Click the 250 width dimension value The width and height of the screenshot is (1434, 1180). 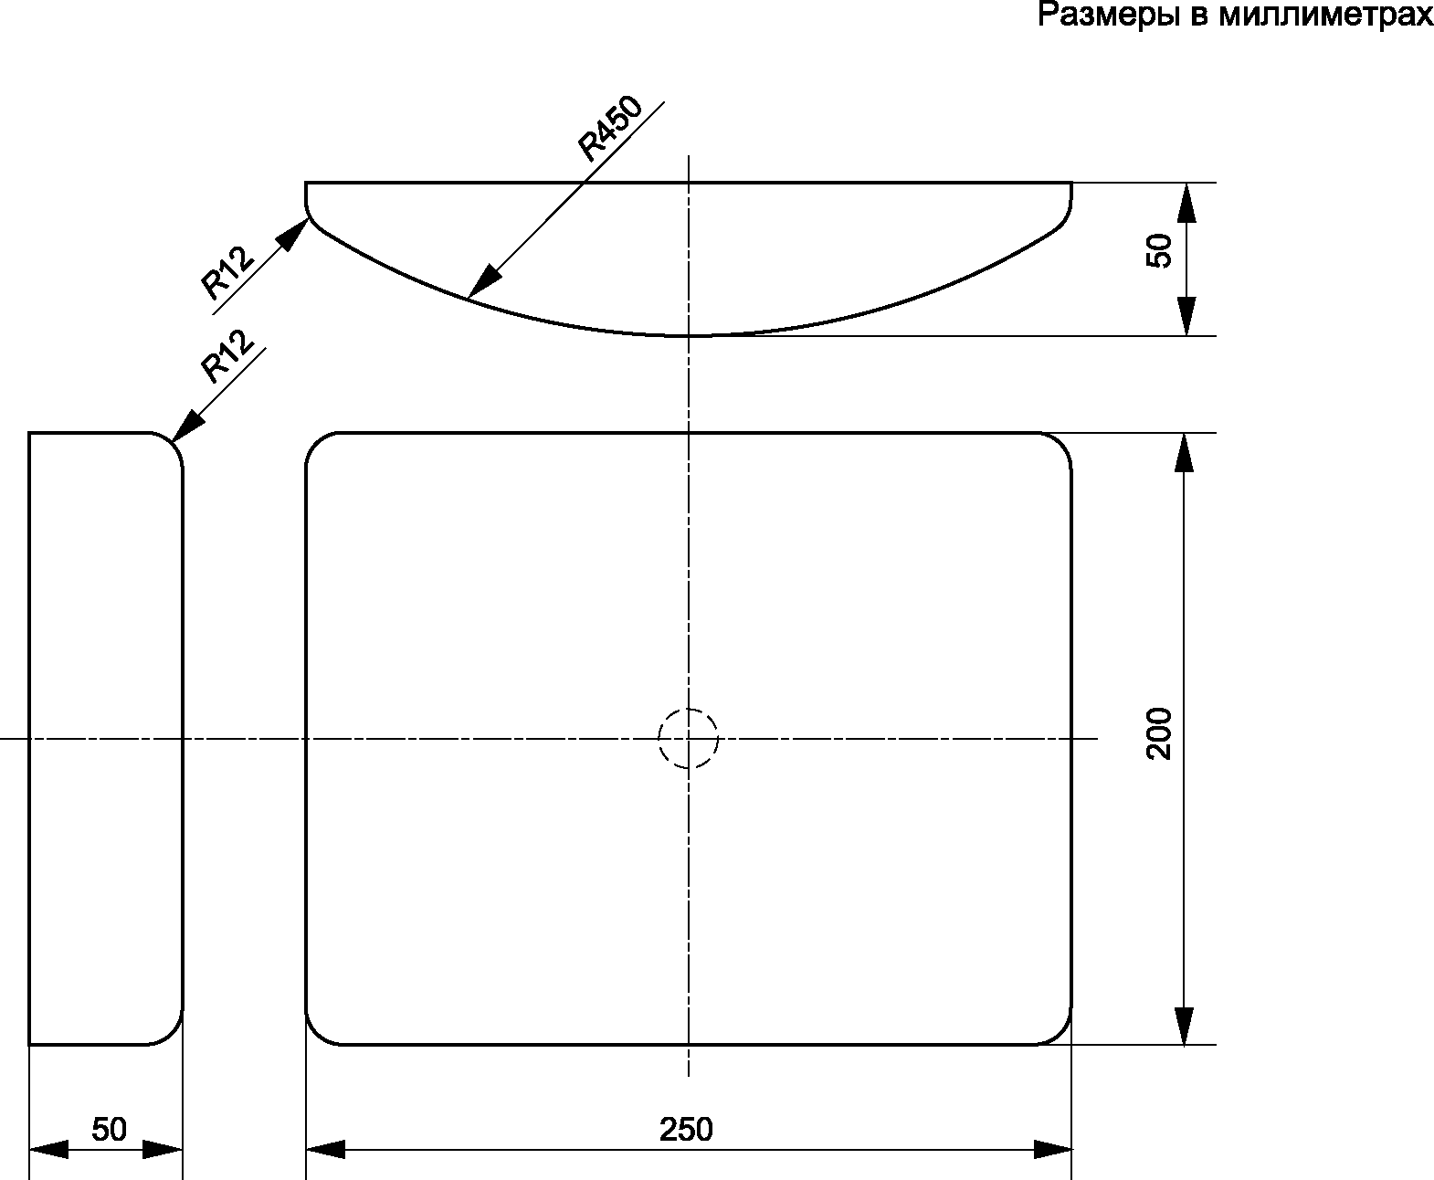pyautogui.click(x=686, y=1130)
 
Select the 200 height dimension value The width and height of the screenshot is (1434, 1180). pyautogui.click(x=1159, y=733)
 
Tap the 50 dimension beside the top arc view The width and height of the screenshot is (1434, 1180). pyautogui.click(x=1159, y=250)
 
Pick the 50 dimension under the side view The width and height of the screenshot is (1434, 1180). pyautogui.click(x=109, y=1130)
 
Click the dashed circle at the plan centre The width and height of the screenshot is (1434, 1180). pyautogui.click(x=689, y=738)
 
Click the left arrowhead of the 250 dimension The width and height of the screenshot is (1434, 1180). pyautogui.click(x=325, y=1149)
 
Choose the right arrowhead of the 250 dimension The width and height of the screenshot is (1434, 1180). pyautogui.click(x=1052, y=1149)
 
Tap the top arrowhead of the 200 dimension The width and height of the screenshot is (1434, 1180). pyautogui.click(x=1185, y=452)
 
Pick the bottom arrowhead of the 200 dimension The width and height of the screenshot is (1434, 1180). pyautogui.click(x=1185, y=1025)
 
